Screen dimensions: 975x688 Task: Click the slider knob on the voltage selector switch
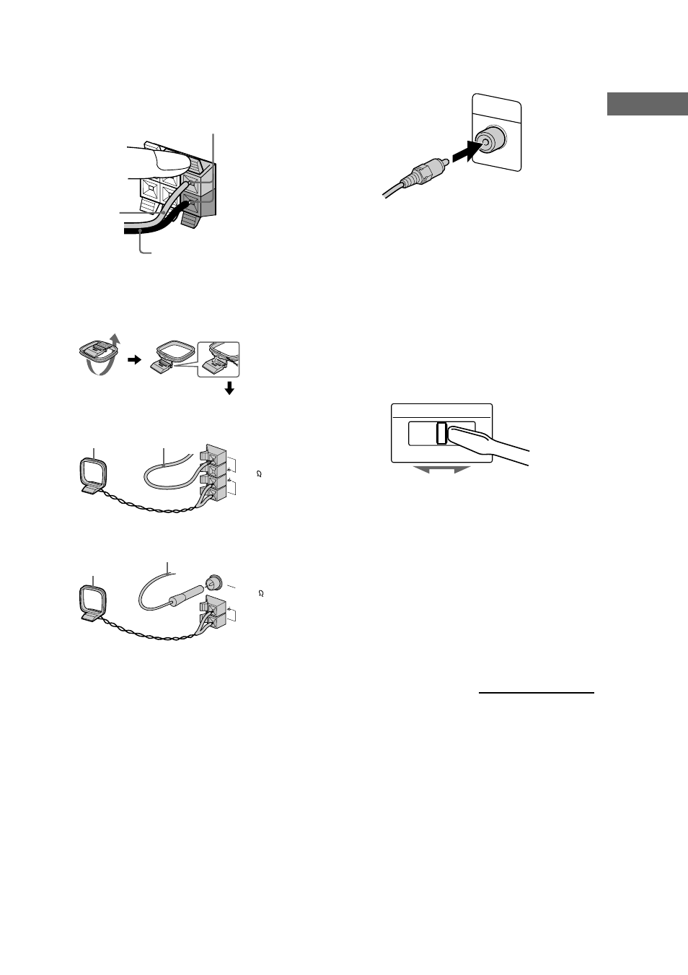coord(441,433)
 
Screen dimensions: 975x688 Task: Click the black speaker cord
coord(144,232)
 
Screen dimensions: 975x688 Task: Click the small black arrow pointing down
coord(229,389)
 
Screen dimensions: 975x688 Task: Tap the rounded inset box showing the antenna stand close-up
coord(219,357)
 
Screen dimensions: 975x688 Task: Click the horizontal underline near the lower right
coord(537,692)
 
